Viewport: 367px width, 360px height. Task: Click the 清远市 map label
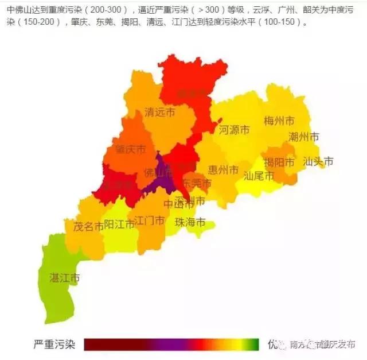tap(160, 112)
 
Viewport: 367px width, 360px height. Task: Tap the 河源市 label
tap(234, 130)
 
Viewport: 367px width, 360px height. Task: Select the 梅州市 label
tap(279, 121)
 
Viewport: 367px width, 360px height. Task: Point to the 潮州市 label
tap(304, 137)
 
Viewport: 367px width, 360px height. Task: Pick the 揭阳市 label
tap(279, 162)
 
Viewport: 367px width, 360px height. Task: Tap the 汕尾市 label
tap(259, 175)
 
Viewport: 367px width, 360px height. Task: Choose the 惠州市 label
tap(223, 170)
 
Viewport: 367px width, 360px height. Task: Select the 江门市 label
tap(150, 220)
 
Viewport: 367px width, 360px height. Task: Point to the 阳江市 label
tap(119, 224)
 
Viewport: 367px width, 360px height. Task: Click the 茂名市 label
tap(88, 226)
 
